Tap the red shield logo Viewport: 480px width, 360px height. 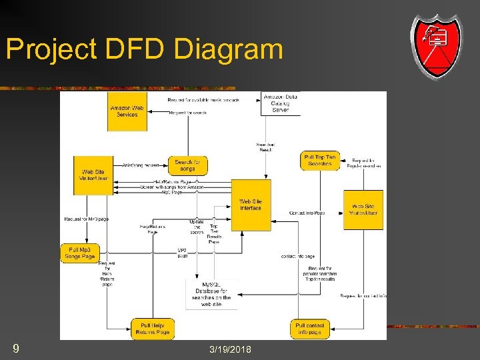tap(436, 45)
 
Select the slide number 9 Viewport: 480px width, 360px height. tap(15, 348)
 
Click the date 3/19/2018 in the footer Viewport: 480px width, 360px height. tap(230, 349)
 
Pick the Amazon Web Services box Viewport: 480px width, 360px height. tap(127, 111)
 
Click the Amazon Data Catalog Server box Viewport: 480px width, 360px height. tap(281, 103)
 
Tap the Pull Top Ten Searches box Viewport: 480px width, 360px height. tap(320, 161)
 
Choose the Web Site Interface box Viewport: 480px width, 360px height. tap(251, 205)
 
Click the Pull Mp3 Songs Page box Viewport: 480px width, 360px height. tap(79, 253)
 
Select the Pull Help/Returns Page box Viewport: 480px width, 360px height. tap(153, 328)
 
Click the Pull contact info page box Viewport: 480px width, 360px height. tap(310, 329)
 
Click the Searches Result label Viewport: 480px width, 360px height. tap(265, 147)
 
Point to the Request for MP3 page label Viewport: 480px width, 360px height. tap(86, 219)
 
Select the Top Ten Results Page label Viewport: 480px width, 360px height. tap(213, 231)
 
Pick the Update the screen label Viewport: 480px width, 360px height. tap(197, 227)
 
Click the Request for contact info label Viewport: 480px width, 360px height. tap(363, 295)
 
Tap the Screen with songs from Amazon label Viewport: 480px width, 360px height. tap(172, 188)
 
